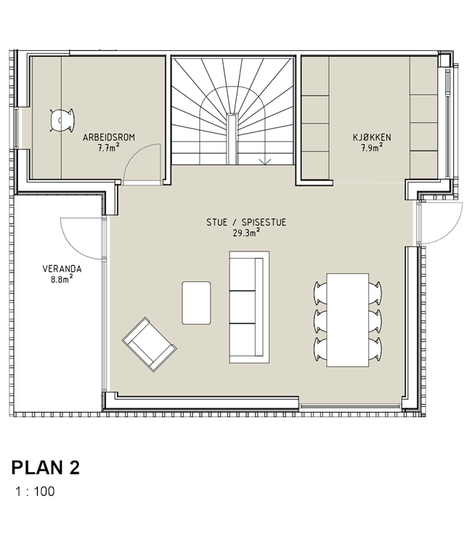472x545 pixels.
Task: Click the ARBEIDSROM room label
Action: (x=109, y=137)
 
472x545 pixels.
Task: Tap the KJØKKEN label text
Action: (x=372, y=137)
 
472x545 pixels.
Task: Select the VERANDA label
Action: (x=62, y=269)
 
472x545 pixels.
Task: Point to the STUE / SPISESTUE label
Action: (x=246, y=222)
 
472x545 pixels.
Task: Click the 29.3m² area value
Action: (x=247, y=233)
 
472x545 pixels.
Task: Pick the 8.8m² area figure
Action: (x=62, y=279)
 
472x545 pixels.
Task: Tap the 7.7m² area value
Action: (x=109, y=148)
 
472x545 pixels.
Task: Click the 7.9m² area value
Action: (x=372, y=148)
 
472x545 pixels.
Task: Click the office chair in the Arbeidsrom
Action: (x=62, y=120)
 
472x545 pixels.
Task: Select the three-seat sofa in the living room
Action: (x=249, y=307)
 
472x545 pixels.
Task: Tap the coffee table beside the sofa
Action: (x=196, y=303)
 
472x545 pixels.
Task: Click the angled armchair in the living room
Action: (x=150, y=344)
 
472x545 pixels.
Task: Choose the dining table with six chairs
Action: (x=347, y=320)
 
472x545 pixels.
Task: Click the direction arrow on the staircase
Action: (x=266, y=161)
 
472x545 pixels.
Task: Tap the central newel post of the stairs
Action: (x=232, y=139)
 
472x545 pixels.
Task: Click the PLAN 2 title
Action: (x=46, y=467)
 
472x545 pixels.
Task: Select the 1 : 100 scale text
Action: (x=35, y=491)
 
